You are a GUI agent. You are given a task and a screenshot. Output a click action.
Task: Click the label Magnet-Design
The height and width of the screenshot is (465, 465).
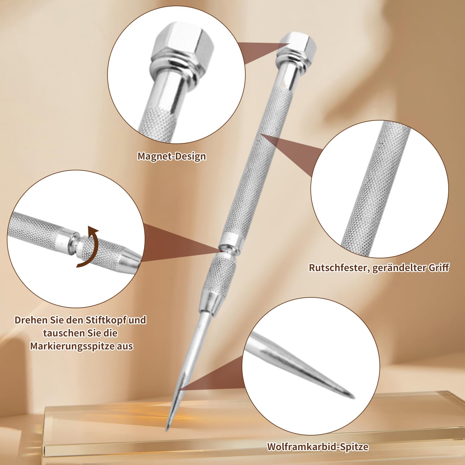[172, 156]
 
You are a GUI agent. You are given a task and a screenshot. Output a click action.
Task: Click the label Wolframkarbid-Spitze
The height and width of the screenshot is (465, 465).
[318, 447]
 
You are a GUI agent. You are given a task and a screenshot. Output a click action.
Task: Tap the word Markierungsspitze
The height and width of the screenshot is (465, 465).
[72, 346]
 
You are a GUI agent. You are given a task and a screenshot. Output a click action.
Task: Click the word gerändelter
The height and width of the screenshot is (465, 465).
[399, 268]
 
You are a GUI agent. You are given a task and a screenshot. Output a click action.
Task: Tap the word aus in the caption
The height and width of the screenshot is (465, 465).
[125, 346]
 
